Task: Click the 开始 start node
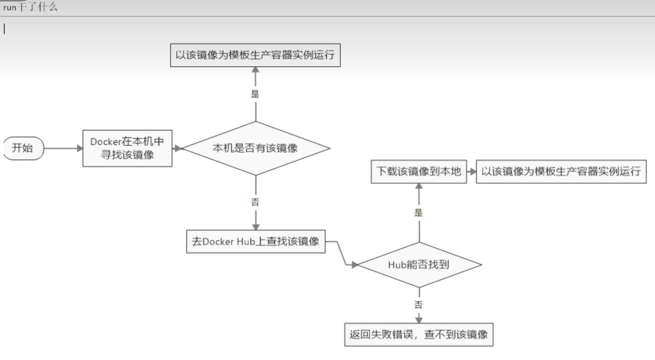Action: tap(23, 148)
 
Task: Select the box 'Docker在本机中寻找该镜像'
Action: tap(127, 148)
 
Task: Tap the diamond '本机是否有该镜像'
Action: tap(256, 148)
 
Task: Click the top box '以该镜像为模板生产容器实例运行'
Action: tap(255, 55)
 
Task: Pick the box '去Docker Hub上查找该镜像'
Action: tap(256, 241)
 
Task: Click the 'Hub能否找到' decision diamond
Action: tap(419, 265)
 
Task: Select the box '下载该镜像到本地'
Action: tap(419, 172)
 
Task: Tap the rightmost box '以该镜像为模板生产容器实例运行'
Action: tap(561, 172)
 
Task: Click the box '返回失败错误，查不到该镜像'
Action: tap(419, 335)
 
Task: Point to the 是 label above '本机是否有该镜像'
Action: tap(255, 94)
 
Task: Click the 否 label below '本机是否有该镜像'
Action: tap(255, 202)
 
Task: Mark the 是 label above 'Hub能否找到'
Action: tap(419, 213)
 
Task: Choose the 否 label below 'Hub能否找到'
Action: tap(419, 305)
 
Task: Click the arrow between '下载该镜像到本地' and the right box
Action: tap(472, 172)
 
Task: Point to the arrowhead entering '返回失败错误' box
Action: tap(419, 320)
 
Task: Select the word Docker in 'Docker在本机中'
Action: tap(106, 142)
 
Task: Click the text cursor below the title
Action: tap(4, 29)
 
